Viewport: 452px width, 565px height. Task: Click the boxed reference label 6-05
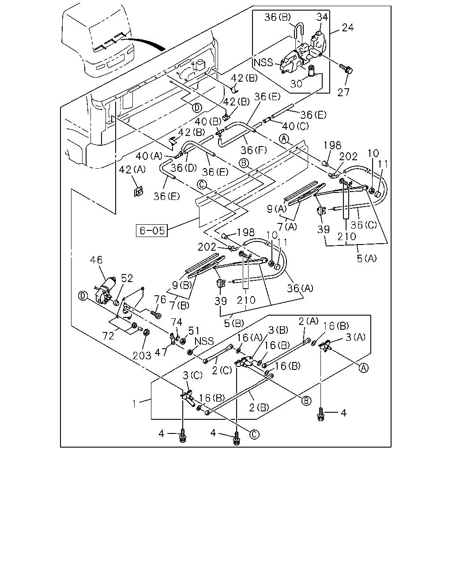(x=151, y=230)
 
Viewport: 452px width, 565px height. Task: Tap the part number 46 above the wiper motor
(x=96, y=260)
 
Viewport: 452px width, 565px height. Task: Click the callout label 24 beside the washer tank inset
(x=348, y=27)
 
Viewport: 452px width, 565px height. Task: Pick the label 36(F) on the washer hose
(x=254, y=150)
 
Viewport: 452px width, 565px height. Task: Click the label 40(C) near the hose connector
(x=295, y=126)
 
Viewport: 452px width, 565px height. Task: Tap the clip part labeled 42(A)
(x=138, y=192)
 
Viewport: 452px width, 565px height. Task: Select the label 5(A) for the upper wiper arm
(x=367, y=259)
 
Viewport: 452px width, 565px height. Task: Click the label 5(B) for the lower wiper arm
(x=234, y=323)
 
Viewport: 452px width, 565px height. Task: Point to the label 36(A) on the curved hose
(x=300, y=288)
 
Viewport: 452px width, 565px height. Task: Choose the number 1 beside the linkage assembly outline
(x=135, y=403)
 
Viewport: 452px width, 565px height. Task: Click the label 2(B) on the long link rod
(x=259, y=407)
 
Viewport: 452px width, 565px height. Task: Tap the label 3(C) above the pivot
(x=192, y=375)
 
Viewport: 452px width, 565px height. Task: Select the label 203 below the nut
(x=142, y=356)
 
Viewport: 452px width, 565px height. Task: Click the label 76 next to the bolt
(x=160, y=299)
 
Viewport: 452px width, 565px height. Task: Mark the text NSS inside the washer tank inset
(x=264, y=63)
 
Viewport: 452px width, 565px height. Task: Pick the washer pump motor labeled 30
(x=312, y=71)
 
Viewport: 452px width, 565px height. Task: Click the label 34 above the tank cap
(x=322, y=17)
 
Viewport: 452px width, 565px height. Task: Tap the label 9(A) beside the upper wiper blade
(x=277, y=209)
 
